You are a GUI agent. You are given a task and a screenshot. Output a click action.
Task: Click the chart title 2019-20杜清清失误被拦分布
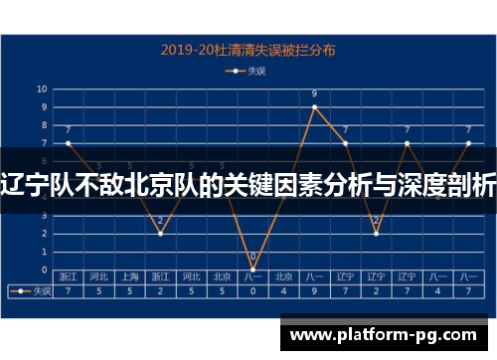248,48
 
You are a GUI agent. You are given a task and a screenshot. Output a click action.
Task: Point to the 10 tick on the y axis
42,89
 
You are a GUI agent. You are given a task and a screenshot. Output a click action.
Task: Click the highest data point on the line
314,107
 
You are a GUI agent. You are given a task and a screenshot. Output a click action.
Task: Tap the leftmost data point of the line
68,143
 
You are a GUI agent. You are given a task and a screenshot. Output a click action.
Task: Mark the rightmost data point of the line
468,143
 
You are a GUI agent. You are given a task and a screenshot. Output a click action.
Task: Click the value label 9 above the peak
314,95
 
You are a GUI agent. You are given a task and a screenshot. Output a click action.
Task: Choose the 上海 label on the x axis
129,277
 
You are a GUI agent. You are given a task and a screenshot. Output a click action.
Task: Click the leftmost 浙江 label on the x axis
68,277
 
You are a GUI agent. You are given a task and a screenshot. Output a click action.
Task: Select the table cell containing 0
252,292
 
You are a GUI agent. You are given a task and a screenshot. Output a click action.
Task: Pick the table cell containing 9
314,292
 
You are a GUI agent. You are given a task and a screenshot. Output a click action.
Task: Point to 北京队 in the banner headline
166,184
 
